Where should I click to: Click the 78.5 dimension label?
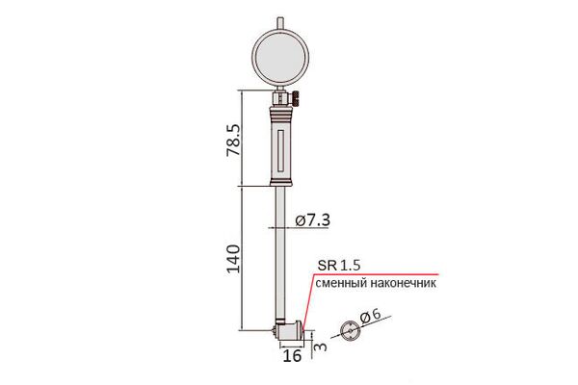click(x=233, y=140)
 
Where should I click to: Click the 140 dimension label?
click(x=233, y=259)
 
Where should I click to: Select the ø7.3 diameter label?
click(x=312, y=220)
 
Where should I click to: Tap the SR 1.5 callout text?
click(x=339, y=266)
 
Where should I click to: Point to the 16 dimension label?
click(x=292, y=356)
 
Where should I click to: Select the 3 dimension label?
click(x=321, y=346)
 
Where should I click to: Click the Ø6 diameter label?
click(x=370, y=317)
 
